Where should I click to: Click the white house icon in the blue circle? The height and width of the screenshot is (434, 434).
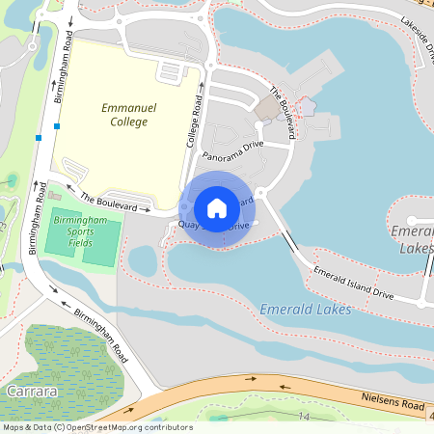pyautogui.click(x=217, y=207)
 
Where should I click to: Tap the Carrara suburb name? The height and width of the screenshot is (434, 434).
pyautogui.click(x=32, y=392)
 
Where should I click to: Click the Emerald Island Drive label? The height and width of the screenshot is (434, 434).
pyautogui.click(x=355, y=281)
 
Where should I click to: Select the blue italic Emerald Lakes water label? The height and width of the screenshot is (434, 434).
pyautogui.click(x=305, y=309)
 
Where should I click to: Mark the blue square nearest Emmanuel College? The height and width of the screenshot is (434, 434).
pyautogui.click(x=58, y=126)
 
